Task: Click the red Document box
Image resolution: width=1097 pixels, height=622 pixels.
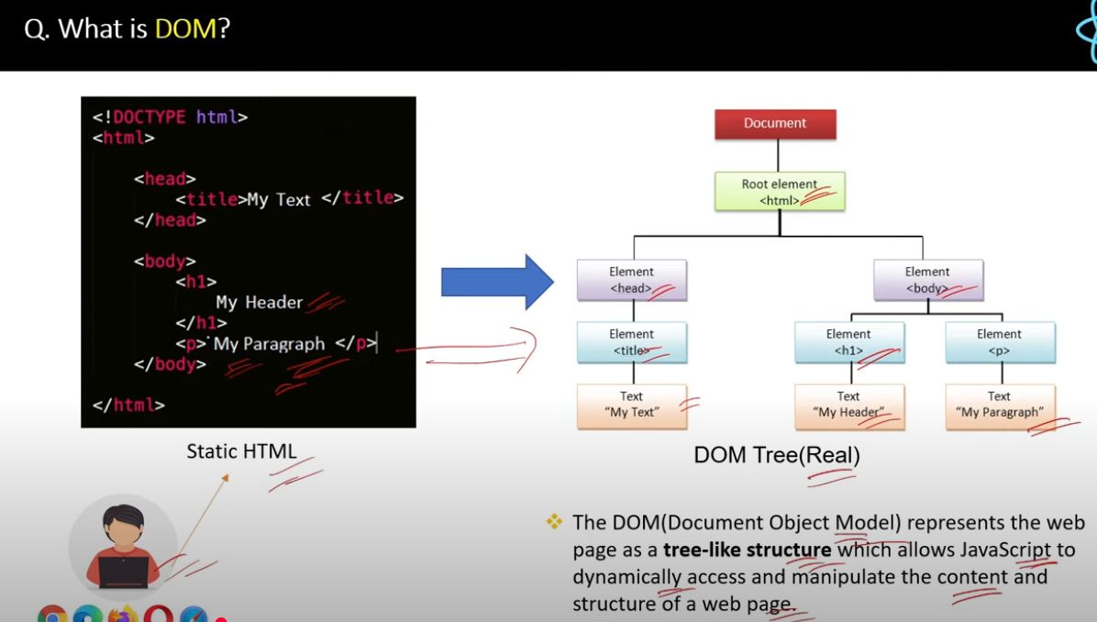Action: click(775, 124)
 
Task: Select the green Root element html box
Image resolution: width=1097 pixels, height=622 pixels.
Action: click(780, 192)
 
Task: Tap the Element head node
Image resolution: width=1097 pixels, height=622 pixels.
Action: click(632, 280)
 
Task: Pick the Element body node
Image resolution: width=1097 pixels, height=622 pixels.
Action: click(927, 280)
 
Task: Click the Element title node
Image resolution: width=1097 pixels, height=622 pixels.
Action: click(632, 342)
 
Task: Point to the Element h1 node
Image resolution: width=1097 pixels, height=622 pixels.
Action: click(848, 342)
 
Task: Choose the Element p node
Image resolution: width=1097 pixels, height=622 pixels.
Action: click(1000, 342)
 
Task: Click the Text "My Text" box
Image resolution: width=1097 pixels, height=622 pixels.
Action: click(632, 405)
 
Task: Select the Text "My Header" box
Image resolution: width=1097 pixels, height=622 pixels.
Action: click(848, 405)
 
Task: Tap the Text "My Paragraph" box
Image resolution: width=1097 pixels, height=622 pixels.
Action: click(1000, 405)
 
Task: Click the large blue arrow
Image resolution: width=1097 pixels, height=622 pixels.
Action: click(496, 282)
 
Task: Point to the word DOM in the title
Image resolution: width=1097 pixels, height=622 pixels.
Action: click(184, 29)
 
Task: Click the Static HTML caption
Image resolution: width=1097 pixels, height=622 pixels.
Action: click(241, 451)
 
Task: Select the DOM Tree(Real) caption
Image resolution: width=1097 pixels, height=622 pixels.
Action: click(776, 455)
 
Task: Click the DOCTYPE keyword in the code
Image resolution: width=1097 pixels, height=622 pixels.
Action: click(149, 117)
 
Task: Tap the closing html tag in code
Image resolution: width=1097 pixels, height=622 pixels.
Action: click(128, 405)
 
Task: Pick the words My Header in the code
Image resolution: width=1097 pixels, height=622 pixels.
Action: click(259, 303)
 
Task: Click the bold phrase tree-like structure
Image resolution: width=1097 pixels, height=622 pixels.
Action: click(747, 550)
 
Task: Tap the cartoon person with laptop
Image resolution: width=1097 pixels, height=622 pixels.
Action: click(123, 548)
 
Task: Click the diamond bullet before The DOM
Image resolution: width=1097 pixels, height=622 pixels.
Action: click(554, 522)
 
